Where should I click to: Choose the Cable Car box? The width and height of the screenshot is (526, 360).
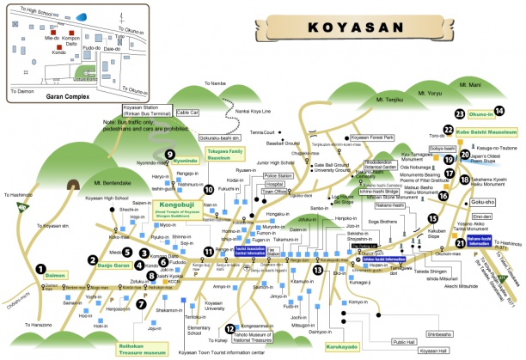click(187, 113)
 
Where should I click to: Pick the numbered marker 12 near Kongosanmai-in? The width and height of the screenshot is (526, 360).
click(229, 328)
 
